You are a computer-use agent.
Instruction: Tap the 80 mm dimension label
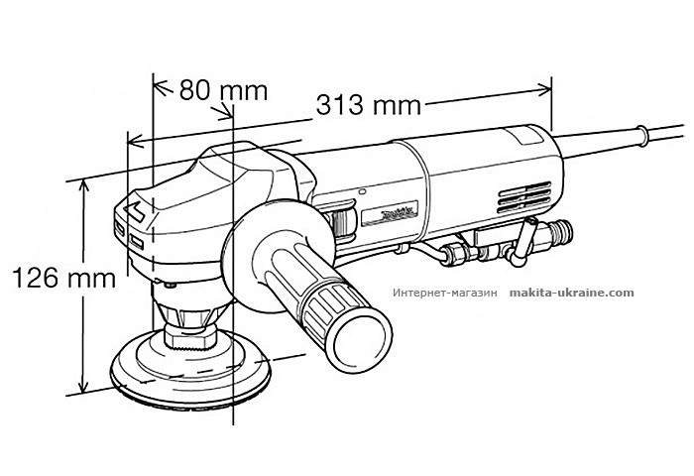pyautogui.click(x=223, y=90)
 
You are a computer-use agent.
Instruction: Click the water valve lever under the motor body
pyautogui.click(x=521, y=241)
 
